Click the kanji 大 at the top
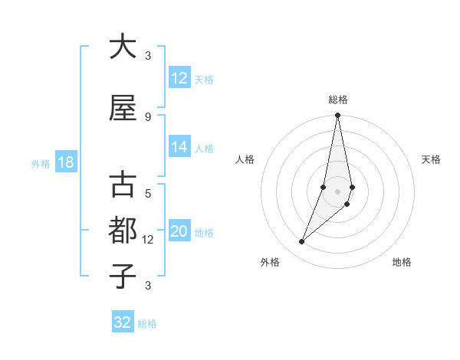pos(123,46)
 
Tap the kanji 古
pos(123,186)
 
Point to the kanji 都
pos(123,230)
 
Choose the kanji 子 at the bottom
pos(123,276)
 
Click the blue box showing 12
pos(179,78)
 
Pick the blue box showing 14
pos(179,148)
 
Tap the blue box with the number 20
pos(179,232)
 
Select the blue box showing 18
pos(65,163)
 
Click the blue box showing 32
pos(123,322)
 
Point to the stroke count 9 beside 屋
pos(148,116)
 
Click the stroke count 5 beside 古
pos(148,194)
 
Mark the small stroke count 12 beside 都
pos(148,240)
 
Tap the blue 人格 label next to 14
pos(204,149)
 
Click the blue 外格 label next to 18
pos(40,164)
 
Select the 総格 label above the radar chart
pos(337,100)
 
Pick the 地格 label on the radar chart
pos(402,262)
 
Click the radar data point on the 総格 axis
pos(337,116)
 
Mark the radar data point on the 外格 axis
pos(301,242)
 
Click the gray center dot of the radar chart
pos(337,191)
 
